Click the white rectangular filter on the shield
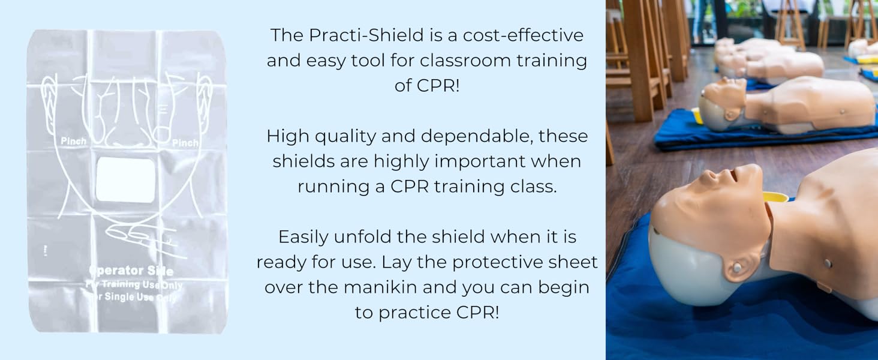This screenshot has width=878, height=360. [125, 180]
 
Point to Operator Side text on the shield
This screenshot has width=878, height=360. [131, 271]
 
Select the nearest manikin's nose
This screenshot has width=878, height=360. [711, 176]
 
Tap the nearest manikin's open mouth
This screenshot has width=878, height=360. [733, 175]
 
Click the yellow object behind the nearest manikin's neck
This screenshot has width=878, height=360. [775, 197]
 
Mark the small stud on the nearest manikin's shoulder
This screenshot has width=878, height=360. [828, 263]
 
